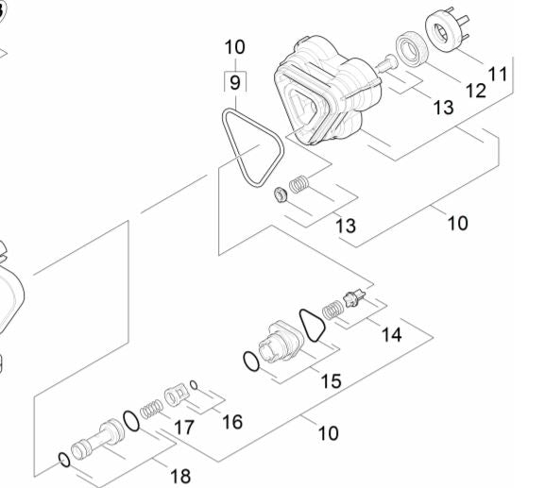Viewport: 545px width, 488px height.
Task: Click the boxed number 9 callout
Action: (x=235, y=83)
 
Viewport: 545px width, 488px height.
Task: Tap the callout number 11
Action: (x=498, y=74)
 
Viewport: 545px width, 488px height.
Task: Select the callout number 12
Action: (x=475, y=91)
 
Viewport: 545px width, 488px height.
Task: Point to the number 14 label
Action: (x=391, y=335)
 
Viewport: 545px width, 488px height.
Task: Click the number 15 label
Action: (x=331, y=381)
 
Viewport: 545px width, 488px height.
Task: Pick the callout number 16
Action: (x=232, y=422)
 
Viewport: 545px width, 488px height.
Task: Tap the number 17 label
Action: (x=184, y=428)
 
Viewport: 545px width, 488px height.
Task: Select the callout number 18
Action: (x=180, y=476)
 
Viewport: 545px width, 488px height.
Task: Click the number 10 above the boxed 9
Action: (x=235, y=47)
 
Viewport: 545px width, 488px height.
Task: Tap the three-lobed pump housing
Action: (x=327, y=91)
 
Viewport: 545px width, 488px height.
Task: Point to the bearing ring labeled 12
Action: (x=412, y=49)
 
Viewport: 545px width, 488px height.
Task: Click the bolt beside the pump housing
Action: (x=386, y=64)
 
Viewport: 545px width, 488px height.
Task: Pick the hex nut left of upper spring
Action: (x=281, y=195)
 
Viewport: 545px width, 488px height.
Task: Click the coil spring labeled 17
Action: (x=151, y=409)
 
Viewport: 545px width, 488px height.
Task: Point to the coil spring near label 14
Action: (x=332, y=311)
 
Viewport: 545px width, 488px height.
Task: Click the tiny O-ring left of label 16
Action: (x=194, y=385)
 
